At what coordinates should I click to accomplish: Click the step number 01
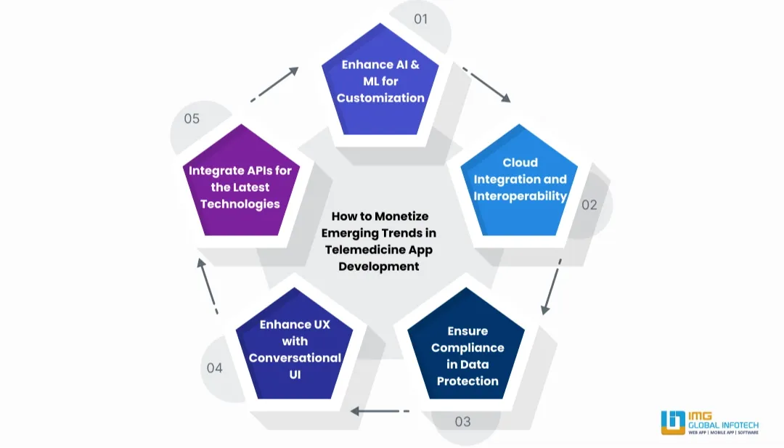[x=421, y=19]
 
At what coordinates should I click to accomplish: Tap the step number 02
[x=589, y=205]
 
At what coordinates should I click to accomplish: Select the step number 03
[x=462, y=421]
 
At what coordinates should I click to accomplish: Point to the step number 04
[x=214, y=368]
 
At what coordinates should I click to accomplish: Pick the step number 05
[x=192, y=118]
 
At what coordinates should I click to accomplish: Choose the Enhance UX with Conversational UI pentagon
[x=295, y=347]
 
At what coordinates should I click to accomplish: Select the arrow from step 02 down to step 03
[x=551, y=291]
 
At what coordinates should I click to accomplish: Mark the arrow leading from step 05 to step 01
[x=275, y=84]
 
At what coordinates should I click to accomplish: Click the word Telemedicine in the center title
[x=362, y=250]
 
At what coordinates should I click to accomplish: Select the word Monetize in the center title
[x=402, y=216]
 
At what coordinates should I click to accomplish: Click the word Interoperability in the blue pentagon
[x=520, y=196]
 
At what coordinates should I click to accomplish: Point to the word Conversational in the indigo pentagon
[x=295, y=358]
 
